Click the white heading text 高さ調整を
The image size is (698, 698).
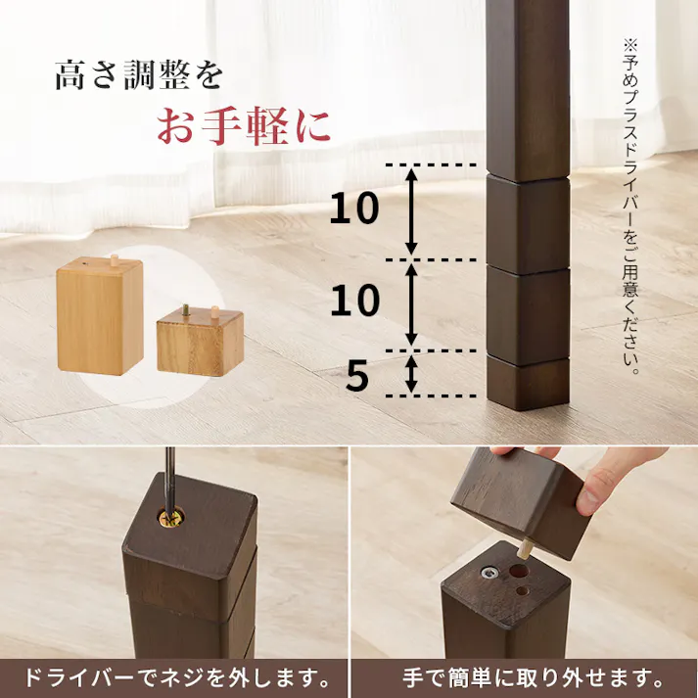click(139, 76)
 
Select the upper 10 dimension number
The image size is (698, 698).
click(354, 209)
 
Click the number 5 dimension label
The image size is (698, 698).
click(358, 376)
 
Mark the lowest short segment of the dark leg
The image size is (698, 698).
click(528, 384)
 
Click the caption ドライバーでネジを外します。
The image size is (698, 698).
click(174, 677)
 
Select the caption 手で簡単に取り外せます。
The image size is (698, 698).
click(525, 677)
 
